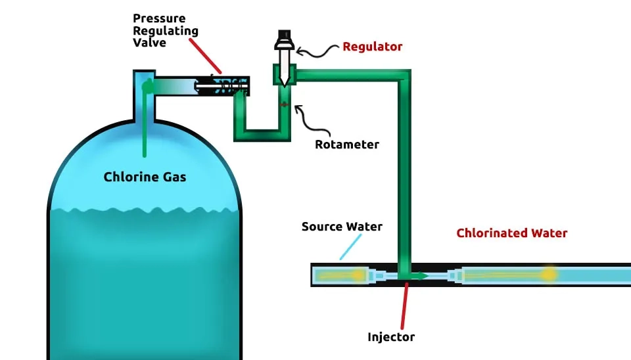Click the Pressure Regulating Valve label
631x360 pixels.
click(x=165, y=30)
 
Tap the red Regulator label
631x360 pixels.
click(x=372, y=47)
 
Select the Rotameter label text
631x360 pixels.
click(x=347, y=144)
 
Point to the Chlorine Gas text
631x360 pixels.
click(x=145, y=177)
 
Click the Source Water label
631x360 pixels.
click(x=342, y=227)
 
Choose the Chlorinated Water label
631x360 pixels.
click(x=511, y=233)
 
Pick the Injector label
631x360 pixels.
click(x=391, y=337)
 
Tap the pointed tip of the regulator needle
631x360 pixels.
click(x=283, y=84)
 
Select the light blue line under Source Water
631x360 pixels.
click(x=351, y=247)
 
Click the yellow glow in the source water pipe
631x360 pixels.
click(x=357, y=275)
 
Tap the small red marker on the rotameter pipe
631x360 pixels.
click(x=283, y=104)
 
